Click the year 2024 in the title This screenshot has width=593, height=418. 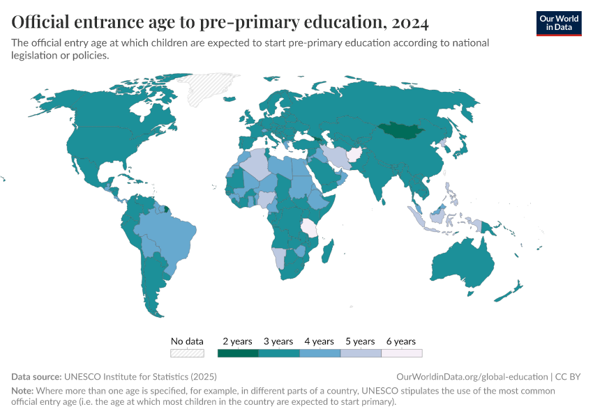pyautogui.click(x=410, y=22)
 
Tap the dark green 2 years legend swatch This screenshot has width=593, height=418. pyautogui.click(x=238, y=353)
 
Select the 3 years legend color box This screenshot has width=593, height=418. pyautogui.click(x=279, y=353)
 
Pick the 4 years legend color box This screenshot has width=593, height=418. pyautogui.click(x=320, y=353)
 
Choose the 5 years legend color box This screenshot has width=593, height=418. pyautogui.click(x=361, y=353)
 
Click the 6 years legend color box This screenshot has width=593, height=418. pyautogui.click(x=401, y=353)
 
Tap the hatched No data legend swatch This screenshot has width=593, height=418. pyautogui.click(x=187, y=353)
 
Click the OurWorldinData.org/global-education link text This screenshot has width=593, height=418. pyautogui.click(x=472, y=376)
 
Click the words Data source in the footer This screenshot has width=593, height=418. pyautogui.click(x=36, y=376)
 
